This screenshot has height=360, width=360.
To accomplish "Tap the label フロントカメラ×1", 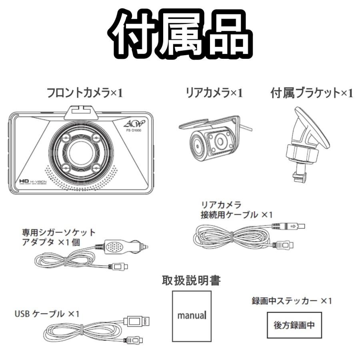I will [85, 93].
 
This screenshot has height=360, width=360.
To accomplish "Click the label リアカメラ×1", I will [214, 93].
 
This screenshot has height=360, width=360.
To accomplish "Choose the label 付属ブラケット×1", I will [312, 93].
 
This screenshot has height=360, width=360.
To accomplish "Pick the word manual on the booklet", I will [191, 315].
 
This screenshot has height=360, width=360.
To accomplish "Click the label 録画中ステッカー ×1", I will [292, 300].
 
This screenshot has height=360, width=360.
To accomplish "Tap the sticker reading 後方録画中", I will [294, 324].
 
